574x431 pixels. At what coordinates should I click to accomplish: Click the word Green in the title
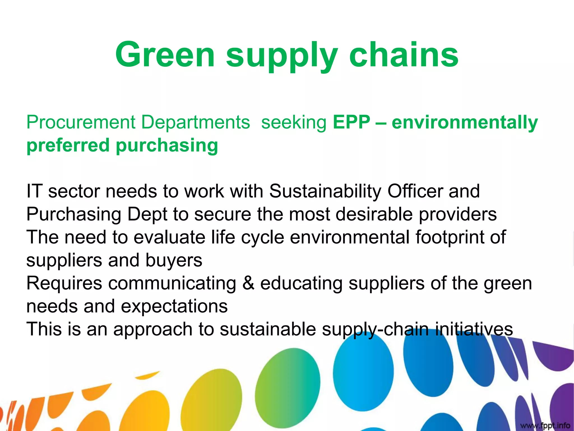(165, 55)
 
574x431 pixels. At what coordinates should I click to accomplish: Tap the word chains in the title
(404, 55)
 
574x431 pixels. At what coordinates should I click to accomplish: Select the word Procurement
(81, 122)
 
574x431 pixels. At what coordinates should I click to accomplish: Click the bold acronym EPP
(351, 122)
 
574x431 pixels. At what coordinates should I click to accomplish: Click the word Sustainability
(325, 191)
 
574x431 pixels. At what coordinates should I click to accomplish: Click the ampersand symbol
(248, 283)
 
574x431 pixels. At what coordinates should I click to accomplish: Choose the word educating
(301, 283)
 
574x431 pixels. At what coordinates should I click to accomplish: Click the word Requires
(64, 283)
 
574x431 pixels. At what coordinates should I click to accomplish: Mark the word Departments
(195, 122)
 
